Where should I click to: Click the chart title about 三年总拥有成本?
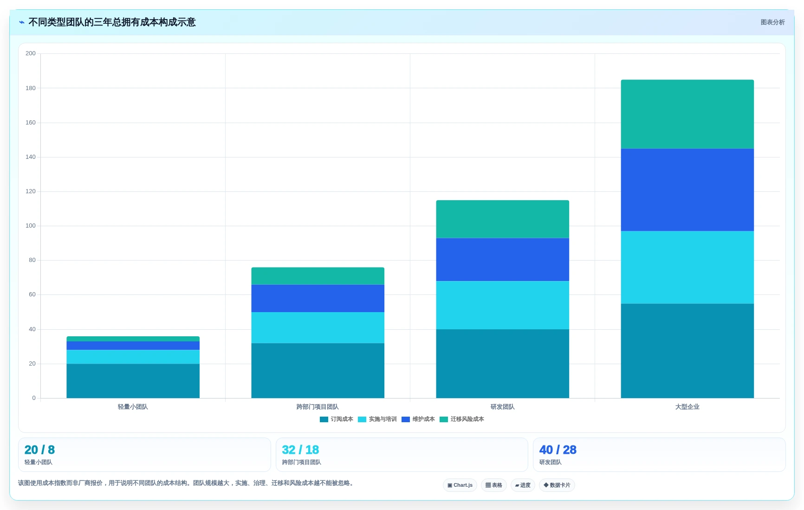click(112, 22)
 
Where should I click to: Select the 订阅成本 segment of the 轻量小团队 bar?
click(133, 381)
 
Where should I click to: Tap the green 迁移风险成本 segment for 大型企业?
click(687, 114)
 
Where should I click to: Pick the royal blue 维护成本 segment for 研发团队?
click(502, 260)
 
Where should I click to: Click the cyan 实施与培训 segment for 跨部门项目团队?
click(318, 327)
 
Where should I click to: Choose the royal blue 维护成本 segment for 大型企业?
click(687, 190)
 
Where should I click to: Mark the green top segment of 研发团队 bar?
click(502, 219)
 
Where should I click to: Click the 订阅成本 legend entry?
click(337, 419)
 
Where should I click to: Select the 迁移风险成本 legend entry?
click(462, 419)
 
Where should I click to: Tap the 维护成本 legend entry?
click(418, 419)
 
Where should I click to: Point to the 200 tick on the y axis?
click(31, 53)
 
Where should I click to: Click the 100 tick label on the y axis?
click(31, 226)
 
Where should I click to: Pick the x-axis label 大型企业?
click(687, 407)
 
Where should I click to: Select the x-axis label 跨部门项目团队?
click(318, 407)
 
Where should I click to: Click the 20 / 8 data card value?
click(39, 450)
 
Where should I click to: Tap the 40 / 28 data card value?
click(558, 450)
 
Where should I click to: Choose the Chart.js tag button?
click(460, 485)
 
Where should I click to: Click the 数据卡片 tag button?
click(557, 485)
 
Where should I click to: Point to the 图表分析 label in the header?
click(772, 22)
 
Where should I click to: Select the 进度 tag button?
click(523, 485)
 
